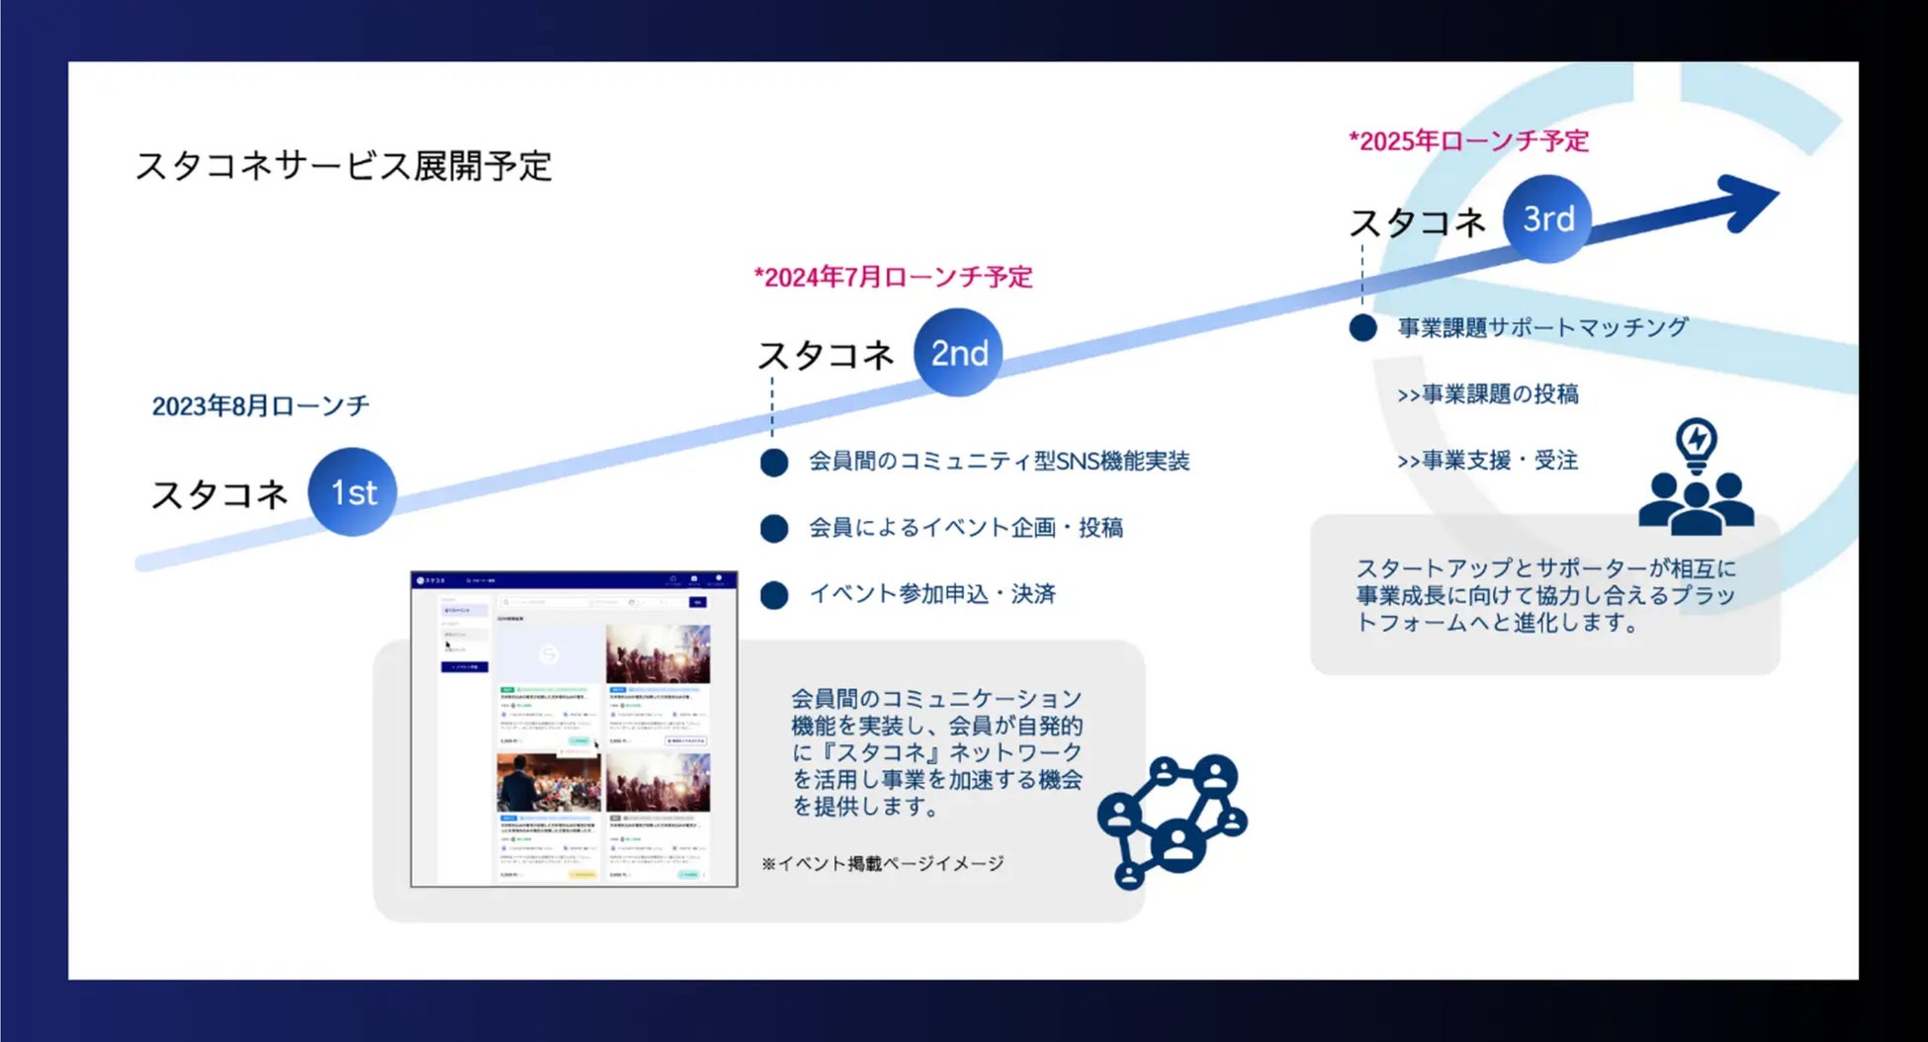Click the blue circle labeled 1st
click(x=352, y=492)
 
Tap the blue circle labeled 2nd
click(x=957, y=353)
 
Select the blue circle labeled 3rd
click(x=1547, y=219)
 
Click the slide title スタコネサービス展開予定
click(x=343, y=166)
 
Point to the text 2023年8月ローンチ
click(x=260, y=406)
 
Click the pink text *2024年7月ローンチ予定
click(x=893, y=277)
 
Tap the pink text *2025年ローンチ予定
click(x=1468, y=141)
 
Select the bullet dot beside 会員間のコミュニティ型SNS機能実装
click(x=774, y=463)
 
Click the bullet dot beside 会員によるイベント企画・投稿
click(x=774, y=529)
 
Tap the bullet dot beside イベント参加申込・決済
click(x=774, y=595)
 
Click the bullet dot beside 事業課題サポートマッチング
click(x=1362, y=328)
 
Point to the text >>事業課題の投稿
click(x=1487, y=394)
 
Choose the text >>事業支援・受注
click(x=1487, y=461)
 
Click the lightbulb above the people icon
click(x=1697, y=443)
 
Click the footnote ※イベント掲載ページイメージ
click(x=882, y=864)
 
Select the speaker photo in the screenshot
click(x=548, y=782)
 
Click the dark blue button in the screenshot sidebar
click(x=464, y=667)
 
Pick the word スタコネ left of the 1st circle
click(x=219, y=494)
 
